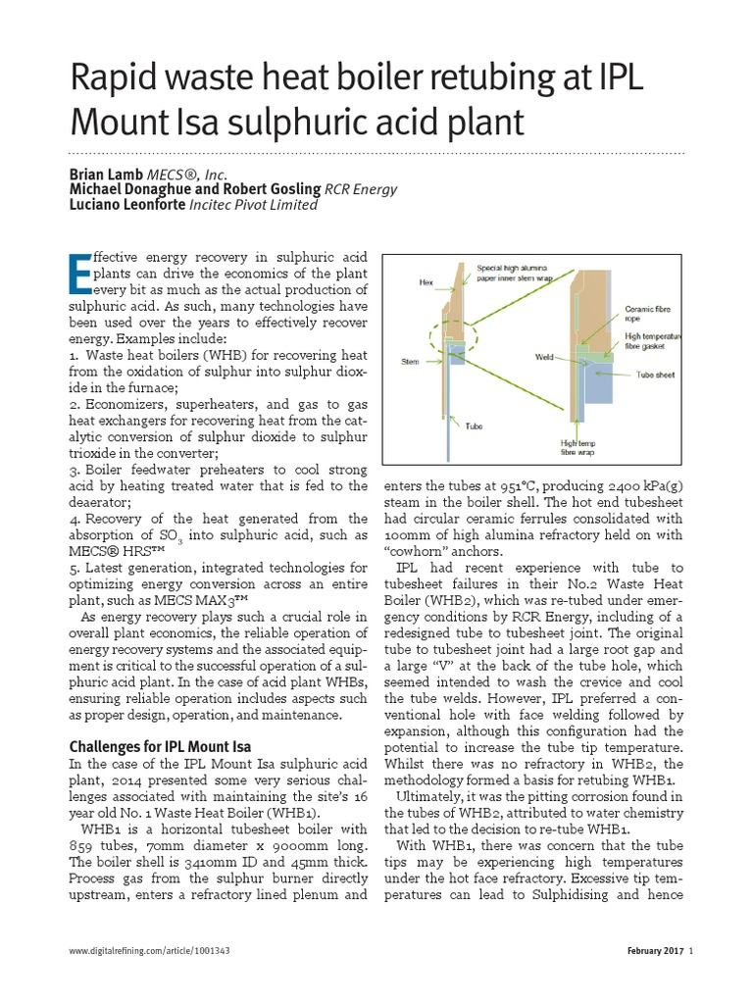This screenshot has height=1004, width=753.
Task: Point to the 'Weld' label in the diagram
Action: click(x=545, y=357)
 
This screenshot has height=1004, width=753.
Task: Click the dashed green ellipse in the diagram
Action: click(x=454, y=333)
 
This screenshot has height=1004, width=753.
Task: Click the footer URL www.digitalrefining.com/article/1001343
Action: click(x=150, y=951)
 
